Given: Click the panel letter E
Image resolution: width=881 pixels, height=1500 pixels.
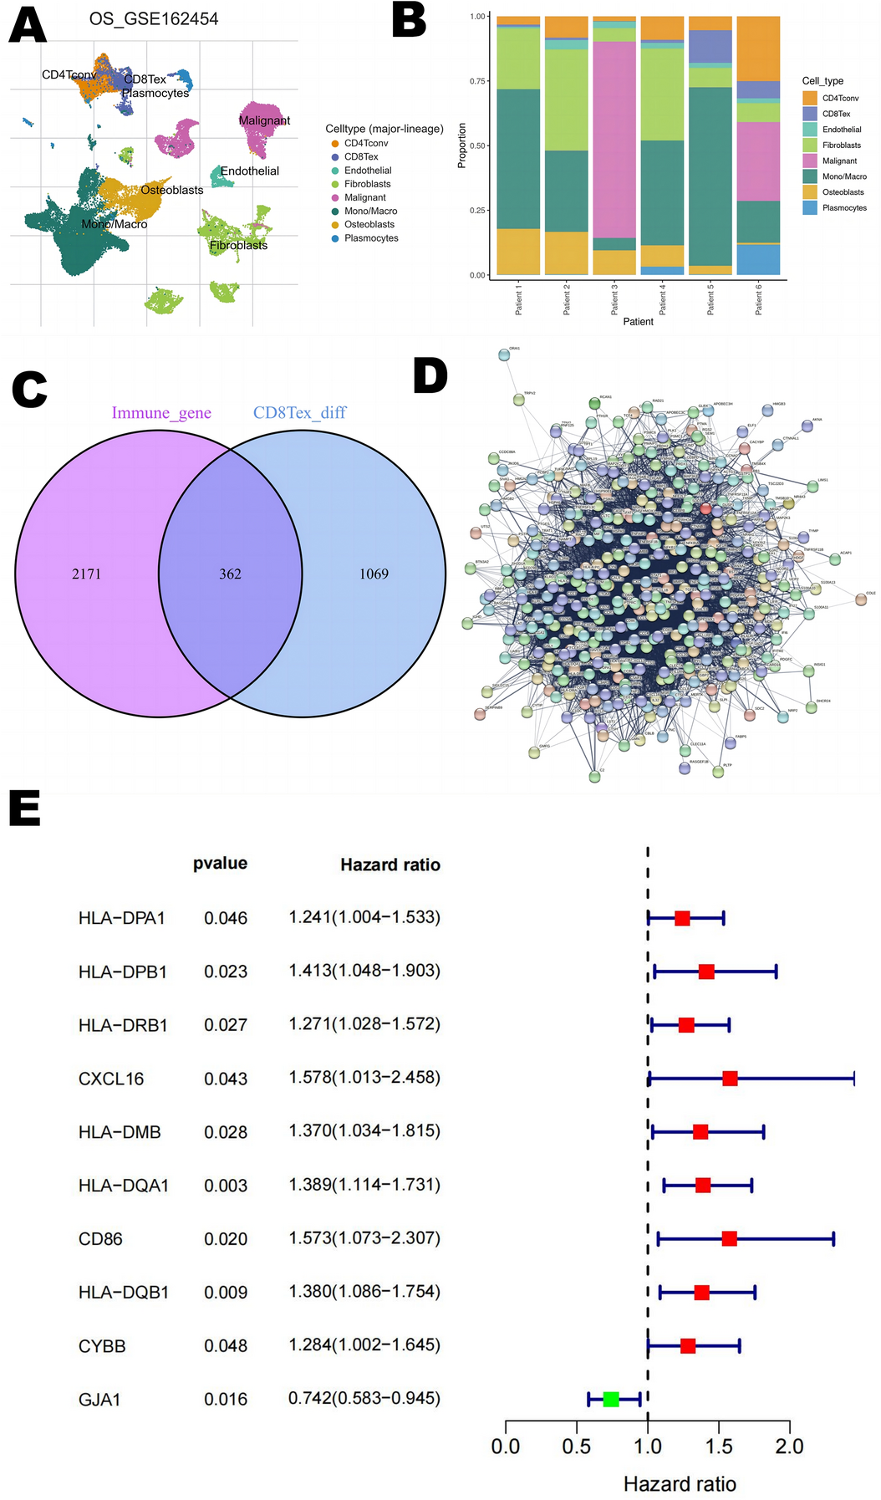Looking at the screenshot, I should click(25, 809).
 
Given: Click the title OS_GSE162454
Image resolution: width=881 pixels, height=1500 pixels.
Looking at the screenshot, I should click(154, 18).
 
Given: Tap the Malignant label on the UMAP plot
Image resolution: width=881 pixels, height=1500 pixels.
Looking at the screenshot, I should click(264, 120).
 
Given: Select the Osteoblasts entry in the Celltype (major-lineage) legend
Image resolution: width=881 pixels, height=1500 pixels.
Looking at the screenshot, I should click(369, 224).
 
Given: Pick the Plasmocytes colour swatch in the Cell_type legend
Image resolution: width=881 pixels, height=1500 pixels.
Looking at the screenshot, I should click(809, 207).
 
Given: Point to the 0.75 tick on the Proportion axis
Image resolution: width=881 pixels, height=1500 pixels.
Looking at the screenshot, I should click(478, 81).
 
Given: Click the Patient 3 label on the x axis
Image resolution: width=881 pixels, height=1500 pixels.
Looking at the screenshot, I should click(614, 298).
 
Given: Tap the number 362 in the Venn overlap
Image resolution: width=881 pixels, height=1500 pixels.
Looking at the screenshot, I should click(230, 574).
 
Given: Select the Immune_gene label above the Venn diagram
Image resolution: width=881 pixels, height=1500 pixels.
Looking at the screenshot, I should click(161, 413).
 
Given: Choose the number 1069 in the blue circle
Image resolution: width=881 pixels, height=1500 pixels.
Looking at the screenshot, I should click(374, 574).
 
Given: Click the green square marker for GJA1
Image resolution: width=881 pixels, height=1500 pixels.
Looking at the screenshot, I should click(611, 1399).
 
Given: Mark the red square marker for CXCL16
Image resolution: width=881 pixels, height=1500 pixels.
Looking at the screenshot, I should click(730, 1079).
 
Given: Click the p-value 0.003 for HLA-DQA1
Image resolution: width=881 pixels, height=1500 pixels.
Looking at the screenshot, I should click(226, 1186).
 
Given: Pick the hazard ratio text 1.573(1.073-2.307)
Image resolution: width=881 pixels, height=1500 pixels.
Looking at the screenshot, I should click(364, 1237).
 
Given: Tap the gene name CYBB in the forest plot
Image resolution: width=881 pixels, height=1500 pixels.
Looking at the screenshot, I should click(102, 1346).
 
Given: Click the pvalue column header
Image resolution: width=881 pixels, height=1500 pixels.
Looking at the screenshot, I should click(220, 864).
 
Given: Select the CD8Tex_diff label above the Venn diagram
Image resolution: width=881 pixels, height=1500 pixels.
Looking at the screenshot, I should click(299, 413).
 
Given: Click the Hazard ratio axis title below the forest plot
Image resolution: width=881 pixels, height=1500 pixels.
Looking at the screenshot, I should click(680, 1484).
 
